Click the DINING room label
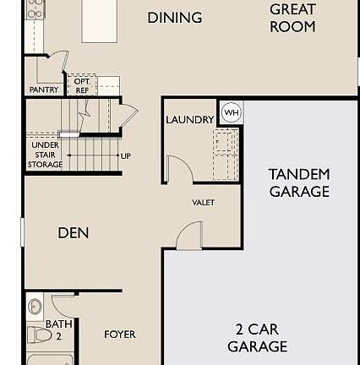175,18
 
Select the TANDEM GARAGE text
298,183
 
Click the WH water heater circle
231,112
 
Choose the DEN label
73,233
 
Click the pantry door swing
57,62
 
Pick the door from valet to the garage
193,233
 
